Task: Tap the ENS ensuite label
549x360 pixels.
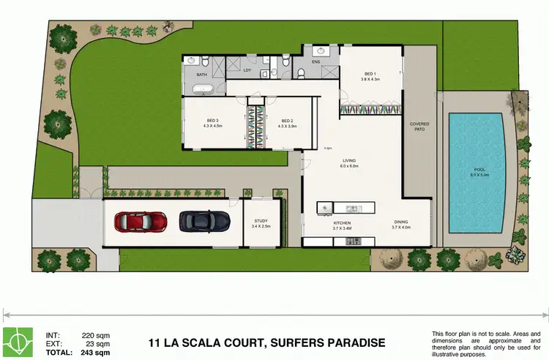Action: pyautogui.click(x=315, y=62)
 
